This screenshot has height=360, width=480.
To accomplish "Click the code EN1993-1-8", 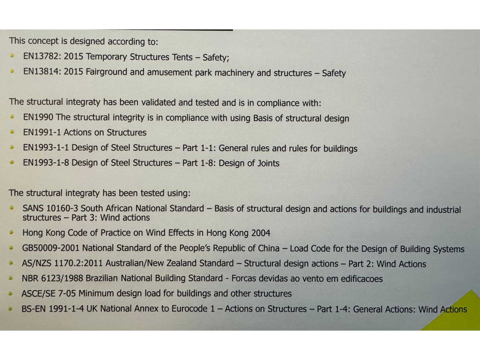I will (46, 163).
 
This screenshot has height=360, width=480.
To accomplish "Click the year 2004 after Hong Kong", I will (261, 233).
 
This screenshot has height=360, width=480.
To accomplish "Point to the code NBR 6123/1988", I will (52, 278).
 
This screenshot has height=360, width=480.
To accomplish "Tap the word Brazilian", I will (102, 278).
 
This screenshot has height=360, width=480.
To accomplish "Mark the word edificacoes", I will (361, 279).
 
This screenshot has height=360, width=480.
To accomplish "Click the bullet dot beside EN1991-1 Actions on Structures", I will (12, 132).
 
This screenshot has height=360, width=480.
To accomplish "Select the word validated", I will (158, 103).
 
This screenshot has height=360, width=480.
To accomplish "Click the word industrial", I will (443, 210).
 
